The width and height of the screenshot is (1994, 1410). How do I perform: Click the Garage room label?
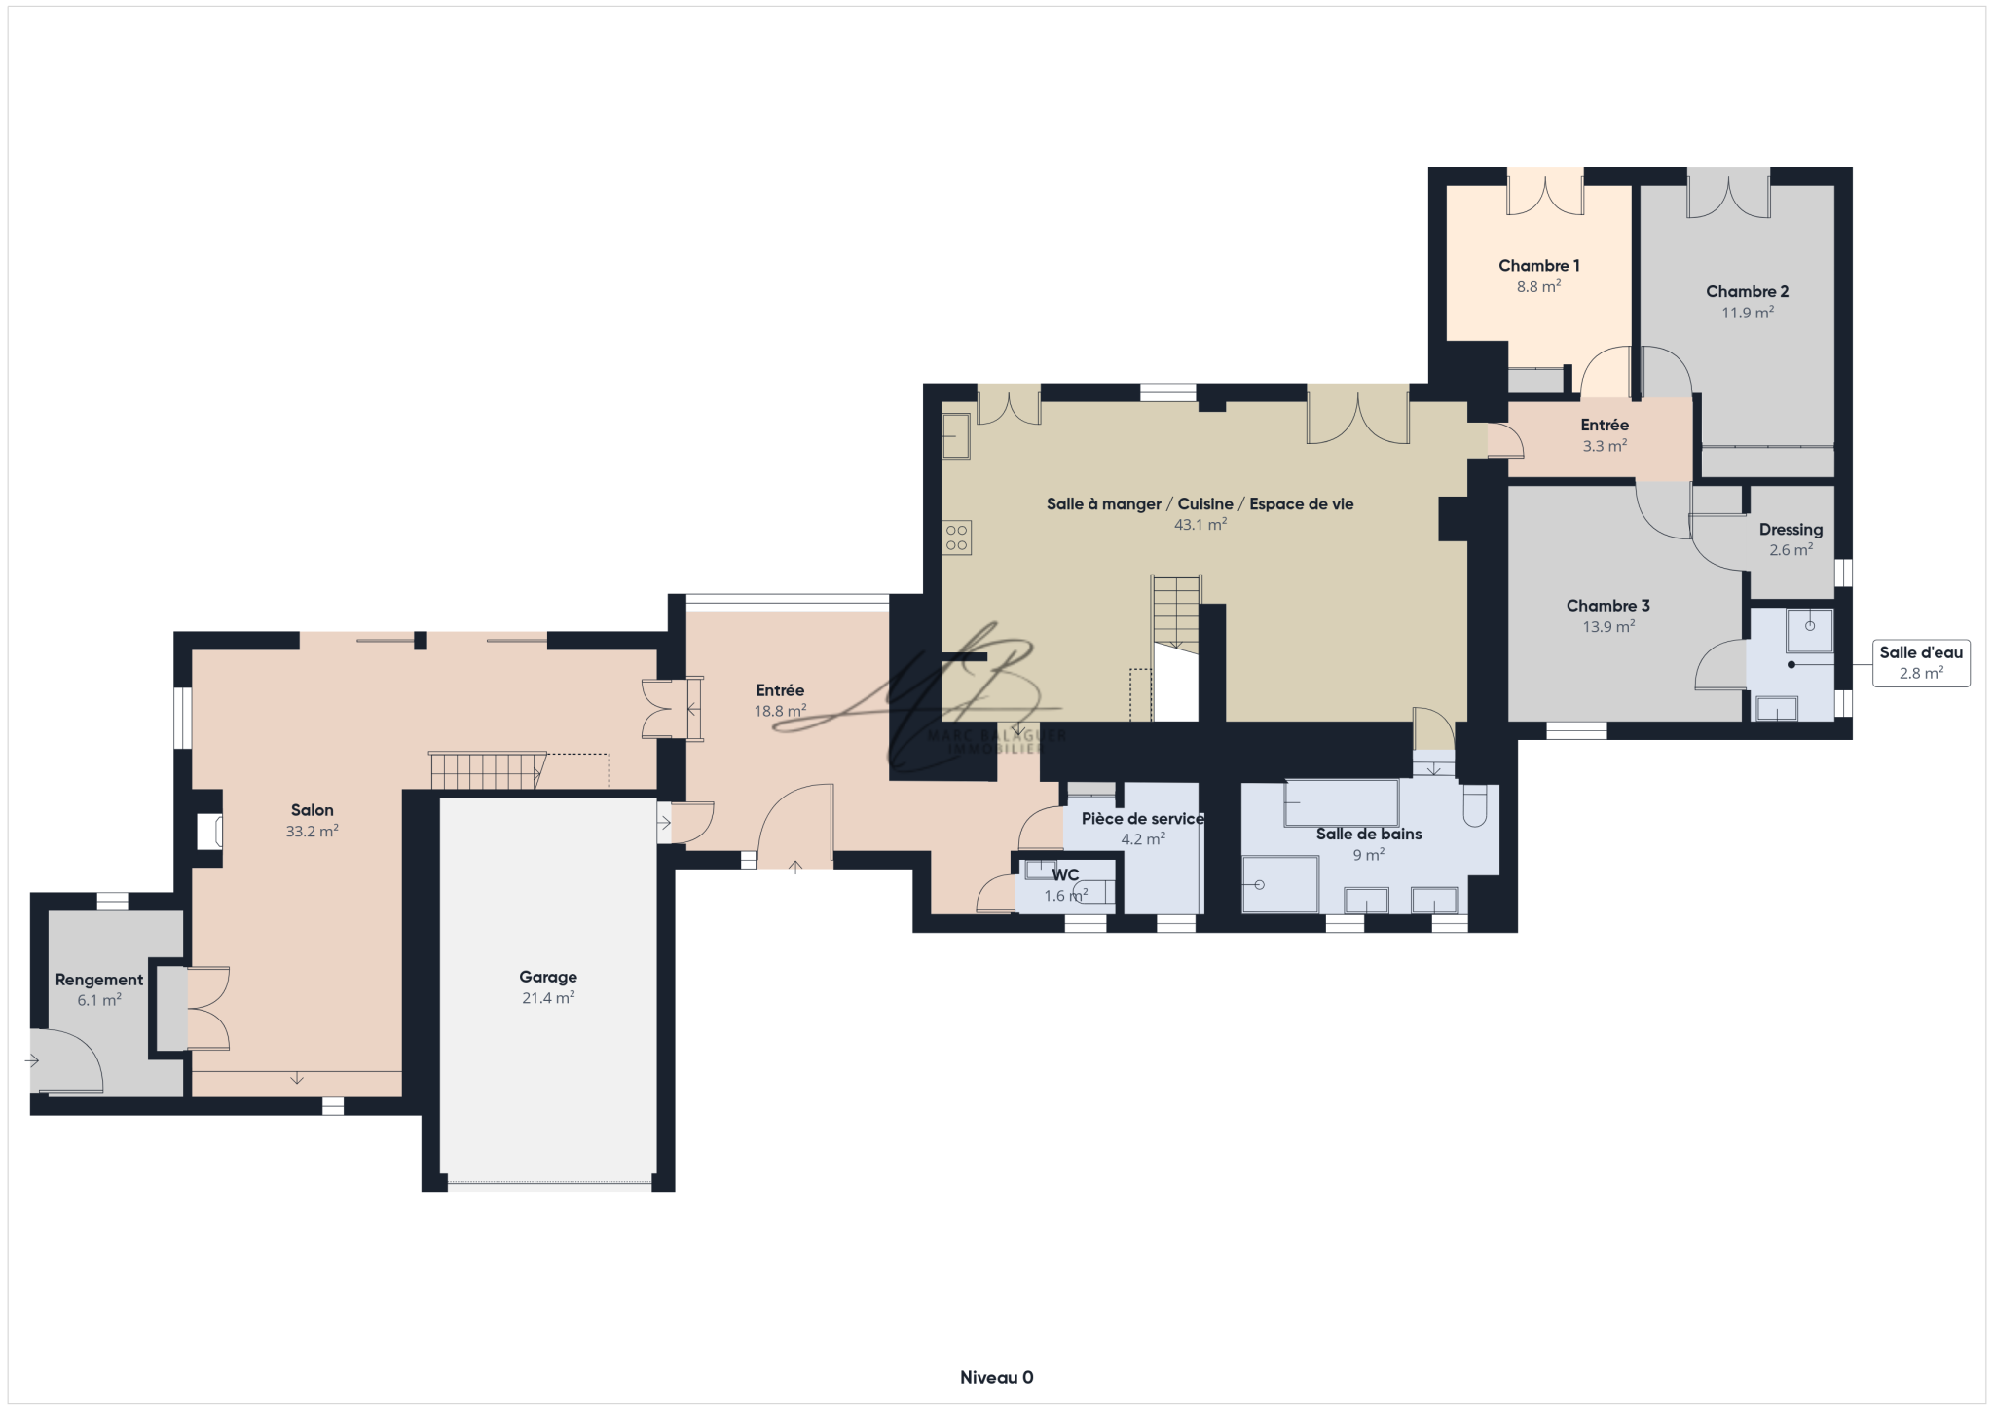coord(548,977)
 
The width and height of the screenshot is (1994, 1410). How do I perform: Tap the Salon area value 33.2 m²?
coord(312,832)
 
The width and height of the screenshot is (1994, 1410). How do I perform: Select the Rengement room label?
coord(99,981)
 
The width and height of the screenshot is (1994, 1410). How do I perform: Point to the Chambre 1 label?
coord(1539,266)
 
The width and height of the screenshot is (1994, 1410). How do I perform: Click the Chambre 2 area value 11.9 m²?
coord(1748,313)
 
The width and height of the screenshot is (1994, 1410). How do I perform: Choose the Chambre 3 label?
coord(1608,606)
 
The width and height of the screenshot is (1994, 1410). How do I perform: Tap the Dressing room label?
coord(1791,530)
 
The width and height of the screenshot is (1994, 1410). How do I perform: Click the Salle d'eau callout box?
coord(1921,663)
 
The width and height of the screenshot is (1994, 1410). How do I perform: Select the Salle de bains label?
coord(1369,834)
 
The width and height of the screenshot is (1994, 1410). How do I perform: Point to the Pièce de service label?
coord(1143,819)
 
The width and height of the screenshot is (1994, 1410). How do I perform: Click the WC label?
coord(1065,875)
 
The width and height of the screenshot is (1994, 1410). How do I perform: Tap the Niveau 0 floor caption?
coord(997,1377)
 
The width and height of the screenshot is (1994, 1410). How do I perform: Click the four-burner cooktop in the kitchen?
coord(956,538)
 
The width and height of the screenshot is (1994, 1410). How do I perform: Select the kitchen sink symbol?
coord(956,436)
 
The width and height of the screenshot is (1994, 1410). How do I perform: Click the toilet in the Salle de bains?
coord(1475,805)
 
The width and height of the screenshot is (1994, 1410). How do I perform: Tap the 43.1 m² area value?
coord(1200,524)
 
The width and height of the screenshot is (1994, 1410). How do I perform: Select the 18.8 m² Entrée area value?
coord(780,711)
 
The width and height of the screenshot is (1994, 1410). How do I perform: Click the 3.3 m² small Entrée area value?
coord(1605,446)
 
